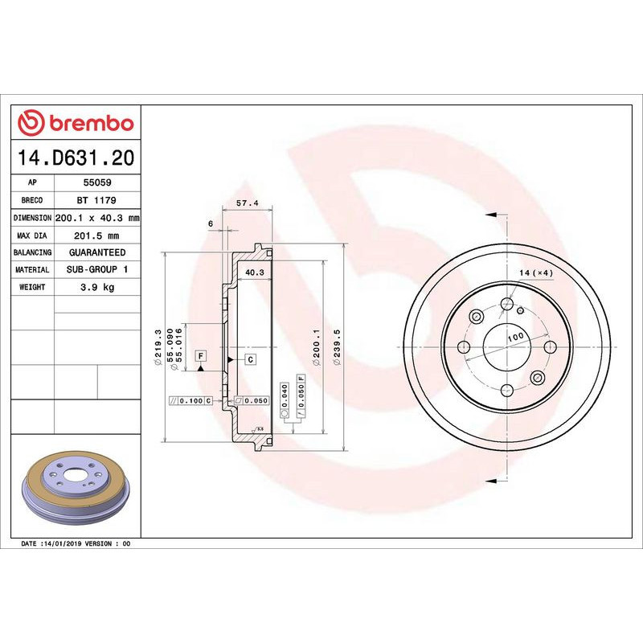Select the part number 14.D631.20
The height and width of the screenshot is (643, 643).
(x=76, y=158)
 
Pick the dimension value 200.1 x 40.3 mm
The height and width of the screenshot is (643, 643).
(x=97, y=218)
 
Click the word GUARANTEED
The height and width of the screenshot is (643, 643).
(x=97, y=252)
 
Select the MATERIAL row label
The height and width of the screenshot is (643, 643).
(x=33, y=270)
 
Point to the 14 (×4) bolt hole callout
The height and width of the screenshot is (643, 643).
(x=536, y=274)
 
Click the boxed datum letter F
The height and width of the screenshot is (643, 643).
(x=200, y=355)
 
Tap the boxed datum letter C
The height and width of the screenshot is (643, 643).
(x=251, y=359)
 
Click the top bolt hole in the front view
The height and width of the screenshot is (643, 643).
(x=506, y=303)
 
